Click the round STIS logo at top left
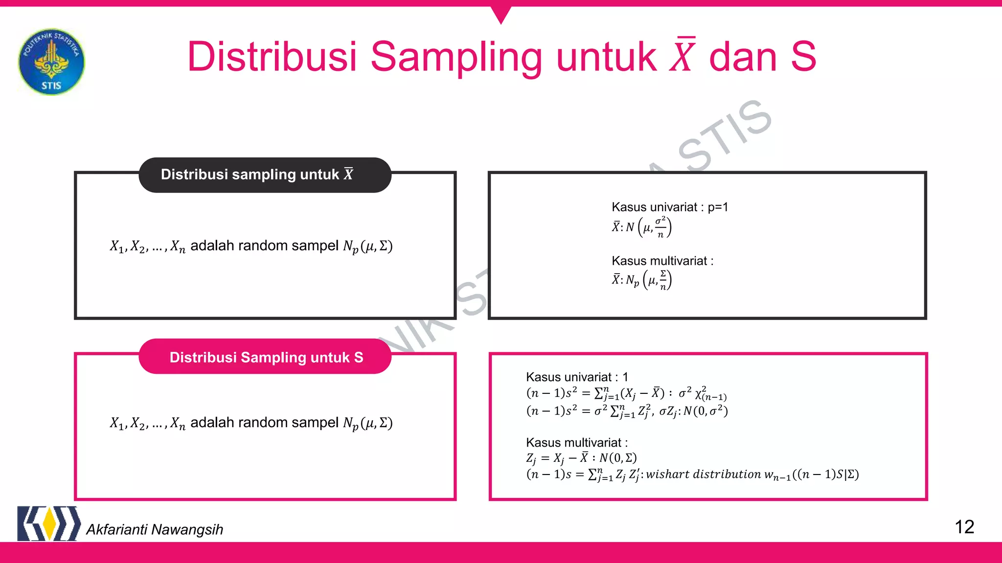[x=51, y=62]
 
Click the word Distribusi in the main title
[x=272, y=57]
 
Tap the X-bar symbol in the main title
[x=683, y=56]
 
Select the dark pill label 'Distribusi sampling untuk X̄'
[x=265, y=175]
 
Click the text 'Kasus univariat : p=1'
[x=669, y=207]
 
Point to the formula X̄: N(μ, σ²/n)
[x=641, y=227]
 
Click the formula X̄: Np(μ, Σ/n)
[x=641, y=280]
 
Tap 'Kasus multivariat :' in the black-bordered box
[x=662, y=261]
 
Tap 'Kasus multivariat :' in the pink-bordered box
[x=576, y=443]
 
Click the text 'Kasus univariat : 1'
[x=577, y=377]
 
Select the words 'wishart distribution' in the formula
[x=704, y=474]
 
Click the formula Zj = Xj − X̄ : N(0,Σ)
[x=581, y=458]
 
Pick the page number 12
[x=964, y=527]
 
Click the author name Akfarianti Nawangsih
[x=155, y=529]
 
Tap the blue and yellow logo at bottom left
[x=48, y=523]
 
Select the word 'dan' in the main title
[x=743, y=57]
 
